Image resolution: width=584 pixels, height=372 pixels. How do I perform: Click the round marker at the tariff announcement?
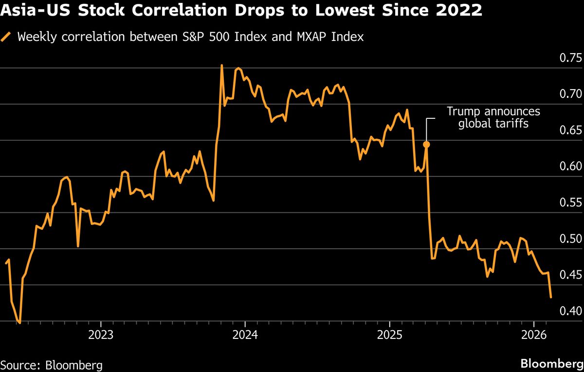click(x=426, y=144)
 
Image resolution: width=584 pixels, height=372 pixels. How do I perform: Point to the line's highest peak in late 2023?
click(x=221, y=65)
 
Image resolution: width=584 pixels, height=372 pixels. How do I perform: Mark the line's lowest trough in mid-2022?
click(x=19, y=322)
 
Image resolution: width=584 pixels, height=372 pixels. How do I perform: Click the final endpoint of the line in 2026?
click(x=550, y=297)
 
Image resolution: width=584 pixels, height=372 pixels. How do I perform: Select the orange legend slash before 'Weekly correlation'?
click(x=6, y=37)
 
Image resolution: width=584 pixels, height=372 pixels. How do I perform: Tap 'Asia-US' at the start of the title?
click(x=34, y=11)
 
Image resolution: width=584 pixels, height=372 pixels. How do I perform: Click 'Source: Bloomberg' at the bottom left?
click(x=52, y=365)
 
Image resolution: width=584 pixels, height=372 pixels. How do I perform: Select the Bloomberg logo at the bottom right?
click(x=551, y=364)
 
